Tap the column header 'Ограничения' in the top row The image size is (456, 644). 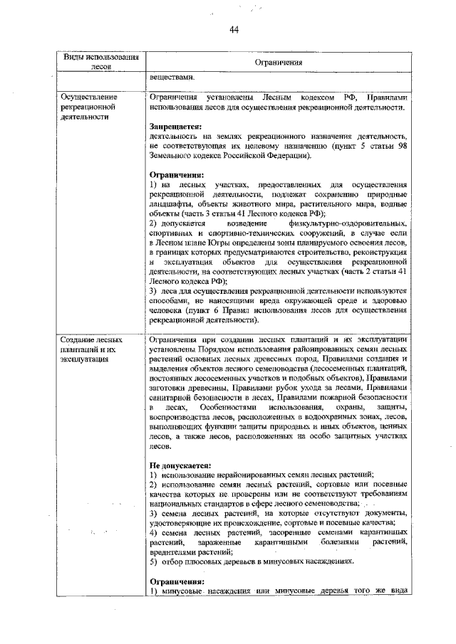(x=279, y=63)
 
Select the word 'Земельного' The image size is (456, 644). (x=174, y=154)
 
